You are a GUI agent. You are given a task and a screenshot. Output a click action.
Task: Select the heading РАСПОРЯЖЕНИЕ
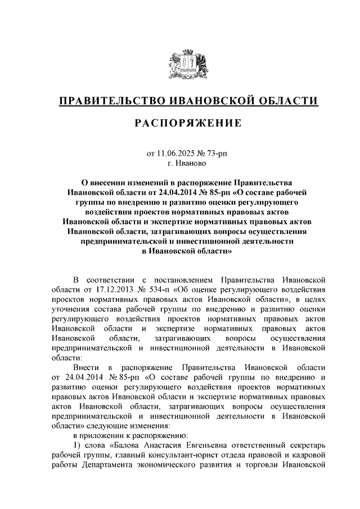pyautogui.click(x=179, y=123)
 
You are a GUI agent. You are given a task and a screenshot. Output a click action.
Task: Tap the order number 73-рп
pyautogui.click(x=216, y=153)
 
